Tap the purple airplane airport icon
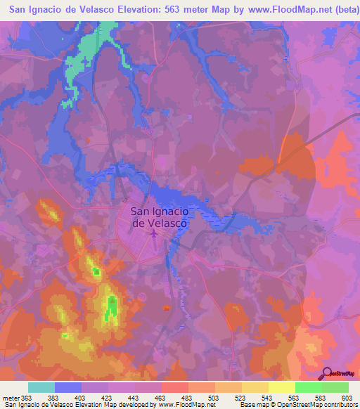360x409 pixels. [154, 233]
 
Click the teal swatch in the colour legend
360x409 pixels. [41, 387]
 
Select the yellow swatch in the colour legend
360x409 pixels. [281, 387]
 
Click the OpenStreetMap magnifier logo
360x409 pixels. [326, 373]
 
